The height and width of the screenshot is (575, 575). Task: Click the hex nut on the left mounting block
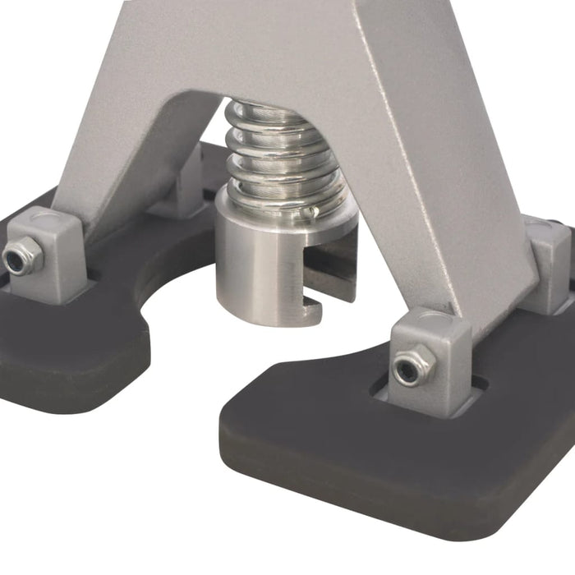click(x=22, y=257)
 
